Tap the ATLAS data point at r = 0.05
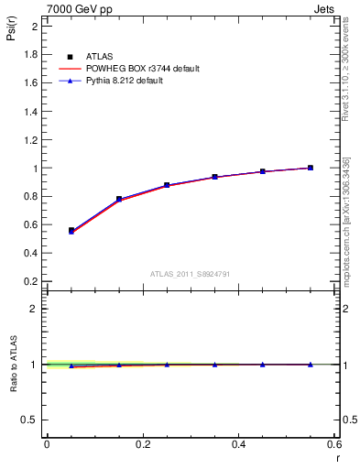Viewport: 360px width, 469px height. click(71, 230)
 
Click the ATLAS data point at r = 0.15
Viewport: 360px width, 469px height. click(119, 199)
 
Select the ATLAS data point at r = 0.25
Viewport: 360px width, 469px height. click(167, 185)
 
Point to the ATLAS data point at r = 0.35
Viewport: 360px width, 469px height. click(214, 177)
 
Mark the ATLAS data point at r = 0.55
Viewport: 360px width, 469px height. click(311, 168)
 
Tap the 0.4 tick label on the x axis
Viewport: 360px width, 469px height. click(238, 444)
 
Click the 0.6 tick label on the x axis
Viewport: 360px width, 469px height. click(334, 444)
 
